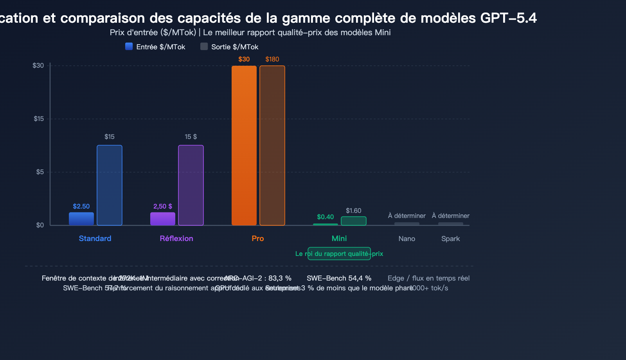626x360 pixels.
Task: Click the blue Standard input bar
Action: pyautogui.click(x=81, y=219)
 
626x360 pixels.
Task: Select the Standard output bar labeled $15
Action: pyautogui.click(x=110, y=185)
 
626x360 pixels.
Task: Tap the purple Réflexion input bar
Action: pyautogui.click(x=163, y=219)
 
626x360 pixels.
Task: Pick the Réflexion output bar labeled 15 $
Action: pyautogui.click(x=191, y=185)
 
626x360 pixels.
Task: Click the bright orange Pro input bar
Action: pyautogui.click(x=244, y=146)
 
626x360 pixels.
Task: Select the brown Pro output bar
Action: pyautogui.click(x=272, y=146)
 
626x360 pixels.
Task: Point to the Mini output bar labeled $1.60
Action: pyautogui.click(x=354, y=221)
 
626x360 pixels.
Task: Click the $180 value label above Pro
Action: pyautogui.click(x=272, y=59)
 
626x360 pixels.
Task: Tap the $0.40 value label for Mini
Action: pyautogui.click(x=326, y=217)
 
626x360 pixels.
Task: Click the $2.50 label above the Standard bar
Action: pyautogui.click(x=81, y=206)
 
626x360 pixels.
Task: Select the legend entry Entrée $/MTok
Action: pyautogui.click(x=155, y=47)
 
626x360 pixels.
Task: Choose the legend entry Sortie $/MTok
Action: pyautogui.click(x=230, y=47)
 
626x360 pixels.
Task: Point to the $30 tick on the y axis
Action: pyautogui.click(x=38, y=65)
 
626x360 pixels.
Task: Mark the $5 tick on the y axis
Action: pyautogui.click(x=40, y=172)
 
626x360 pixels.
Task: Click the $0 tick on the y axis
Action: pyautogui.click(x=40, y=225)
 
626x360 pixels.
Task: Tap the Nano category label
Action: pyautogui.click(x=407, y=239)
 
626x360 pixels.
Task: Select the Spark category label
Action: pyautogui.click(x=451, y=239)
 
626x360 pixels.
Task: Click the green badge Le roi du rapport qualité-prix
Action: pyautogui.click(x=339, y=254)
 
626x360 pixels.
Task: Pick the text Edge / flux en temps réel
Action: pyautogui.click(x=428, y=278)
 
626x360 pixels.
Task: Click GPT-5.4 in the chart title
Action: pyautogui.click(x=508, y=18)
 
